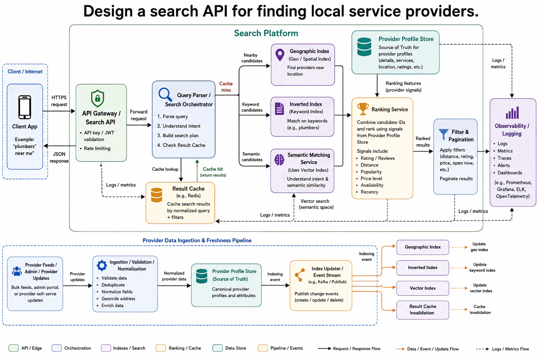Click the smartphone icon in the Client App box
click(x=25, y=107)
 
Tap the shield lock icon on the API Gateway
click(x=97, y=98)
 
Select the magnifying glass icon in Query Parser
click(x=165, y=94)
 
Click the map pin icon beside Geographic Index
click(x=279, y=55)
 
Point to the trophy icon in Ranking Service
click(x=363, y=109)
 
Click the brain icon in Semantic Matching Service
click(x=279, y=159)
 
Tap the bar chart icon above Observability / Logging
click(x=512, y=112)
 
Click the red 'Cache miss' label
click(x=226, y=87)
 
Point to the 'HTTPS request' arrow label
click(x=59, y=101)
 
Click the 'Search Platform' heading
click(x=266, y=33)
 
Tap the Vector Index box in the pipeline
click(x=423, y=288)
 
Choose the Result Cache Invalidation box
click(x=423, y=310)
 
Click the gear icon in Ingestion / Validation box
click(x=102, y=265)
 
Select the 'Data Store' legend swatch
click(x=218, y=348)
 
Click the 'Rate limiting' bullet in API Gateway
click(x=97, y=148)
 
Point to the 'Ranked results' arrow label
click(x=423, y=142)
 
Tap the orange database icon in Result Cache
click(x=156, y=195)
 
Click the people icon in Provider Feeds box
click(x=17, y=271)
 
